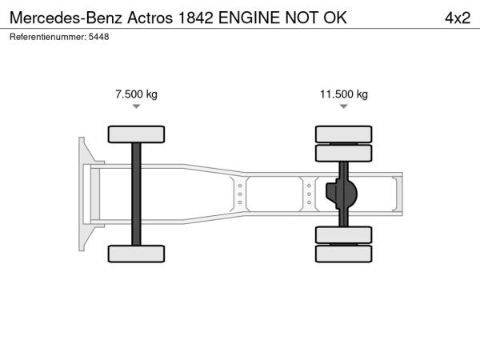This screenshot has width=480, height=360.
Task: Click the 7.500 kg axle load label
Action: point(136,94)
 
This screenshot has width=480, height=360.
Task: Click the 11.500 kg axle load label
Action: point(344,94)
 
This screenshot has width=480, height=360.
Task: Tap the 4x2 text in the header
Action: point(458,18)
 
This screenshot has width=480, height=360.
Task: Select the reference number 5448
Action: point(98,37)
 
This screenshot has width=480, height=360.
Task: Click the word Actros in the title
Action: point(150,18)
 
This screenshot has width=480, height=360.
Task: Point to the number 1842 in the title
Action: point(195,18)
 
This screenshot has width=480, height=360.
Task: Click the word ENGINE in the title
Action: point(249,18)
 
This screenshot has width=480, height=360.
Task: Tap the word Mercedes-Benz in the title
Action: point(66,18)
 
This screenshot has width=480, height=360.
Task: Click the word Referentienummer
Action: point(48,37)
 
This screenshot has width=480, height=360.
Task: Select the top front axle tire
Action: point(136,134)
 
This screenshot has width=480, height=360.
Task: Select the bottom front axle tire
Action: point(136,254)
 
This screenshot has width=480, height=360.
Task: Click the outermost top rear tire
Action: point(344,134)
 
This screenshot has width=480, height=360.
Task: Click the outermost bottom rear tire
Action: point(344,254)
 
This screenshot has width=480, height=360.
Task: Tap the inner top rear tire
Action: point(344,153)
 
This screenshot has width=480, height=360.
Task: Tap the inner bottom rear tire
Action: point(344,235)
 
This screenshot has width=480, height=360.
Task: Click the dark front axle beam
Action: point(136,194)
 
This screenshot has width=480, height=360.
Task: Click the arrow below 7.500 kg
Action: point(136,106)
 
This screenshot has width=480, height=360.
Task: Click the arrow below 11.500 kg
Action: point(344,106)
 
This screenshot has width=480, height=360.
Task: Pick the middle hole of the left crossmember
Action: point(240,194)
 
